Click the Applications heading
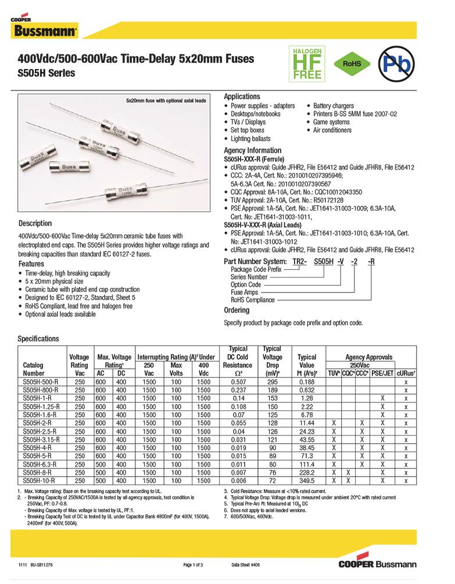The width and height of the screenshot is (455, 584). pos(242,96)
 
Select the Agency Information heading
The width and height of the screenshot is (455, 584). pos(252,150)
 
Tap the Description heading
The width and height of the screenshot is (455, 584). pos(35,223)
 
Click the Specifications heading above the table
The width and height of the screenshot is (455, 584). pos(38,338)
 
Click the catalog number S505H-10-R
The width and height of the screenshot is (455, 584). pos(38,481)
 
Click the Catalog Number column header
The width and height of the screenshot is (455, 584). pos(33,369)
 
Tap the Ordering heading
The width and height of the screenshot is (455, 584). pos(237,311)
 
